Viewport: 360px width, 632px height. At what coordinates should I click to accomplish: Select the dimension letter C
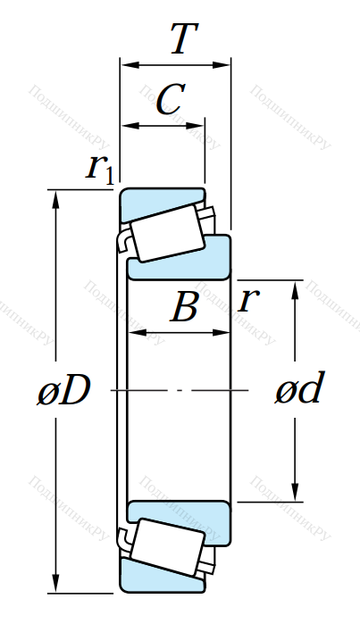click(170, 99)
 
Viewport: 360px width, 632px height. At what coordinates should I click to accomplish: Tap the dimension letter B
click(185, 307)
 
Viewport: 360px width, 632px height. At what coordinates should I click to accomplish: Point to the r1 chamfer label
click(99, 168)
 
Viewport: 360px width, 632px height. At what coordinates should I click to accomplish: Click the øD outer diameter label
click(64, 390)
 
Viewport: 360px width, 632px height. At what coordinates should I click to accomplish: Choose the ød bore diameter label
click(299, 387)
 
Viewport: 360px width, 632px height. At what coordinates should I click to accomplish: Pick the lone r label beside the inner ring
click(248, 301)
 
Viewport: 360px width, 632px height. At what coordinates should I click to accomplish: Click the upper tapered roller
click(167, 233)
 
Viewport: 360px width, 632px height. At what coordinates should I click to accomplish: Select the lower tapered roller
click(167, 547)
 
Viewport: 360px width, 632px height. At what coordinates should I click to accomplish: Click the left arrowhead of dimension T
click(129, 65)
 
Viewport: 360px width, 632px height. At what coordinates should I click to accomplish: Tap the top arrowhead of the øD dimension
click(55, 199)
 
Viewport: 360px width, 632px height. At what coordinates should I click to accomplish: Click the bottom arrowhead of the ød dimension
click(295, 492)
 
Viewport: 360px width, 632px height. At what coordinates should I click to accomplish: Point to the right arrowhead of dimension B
click(221, 333)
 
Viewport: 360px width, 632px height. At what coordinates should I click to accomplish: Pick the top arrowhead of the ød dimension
click(295, 290)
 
